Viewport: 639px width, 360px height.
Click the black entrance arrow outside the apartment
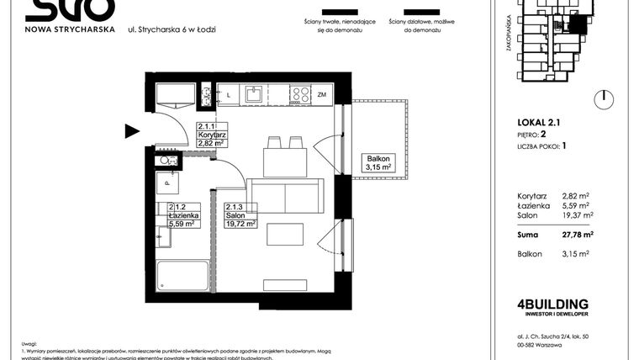(132, 130)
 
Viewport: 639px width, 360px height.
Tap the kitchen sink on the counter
(253, 95)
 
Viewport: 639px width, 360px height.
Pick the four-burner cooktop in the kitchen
(299, 95)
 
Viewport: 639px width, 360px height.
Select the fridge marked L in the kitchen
(229, 95)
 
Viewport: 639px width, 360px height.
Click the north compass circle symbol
(603, 98)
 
